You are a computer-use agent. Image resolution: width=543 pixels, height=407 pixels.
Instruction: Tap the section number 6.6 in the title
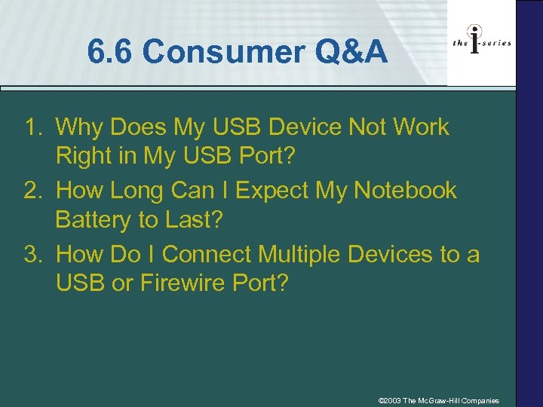pos(111,52)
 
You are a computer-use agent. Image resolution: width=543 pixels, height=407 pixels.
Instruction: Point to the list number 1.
pos(33,127)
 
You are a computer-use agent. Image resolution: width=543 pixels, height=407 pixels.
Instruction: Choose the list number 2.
pos(33,191)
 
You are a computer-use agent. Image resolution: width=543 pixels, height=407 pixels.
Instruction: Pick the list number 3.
pos(33,254)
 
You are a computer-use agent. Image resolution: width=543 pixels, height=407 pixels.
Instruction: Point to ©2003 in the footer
pos(390,400)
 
